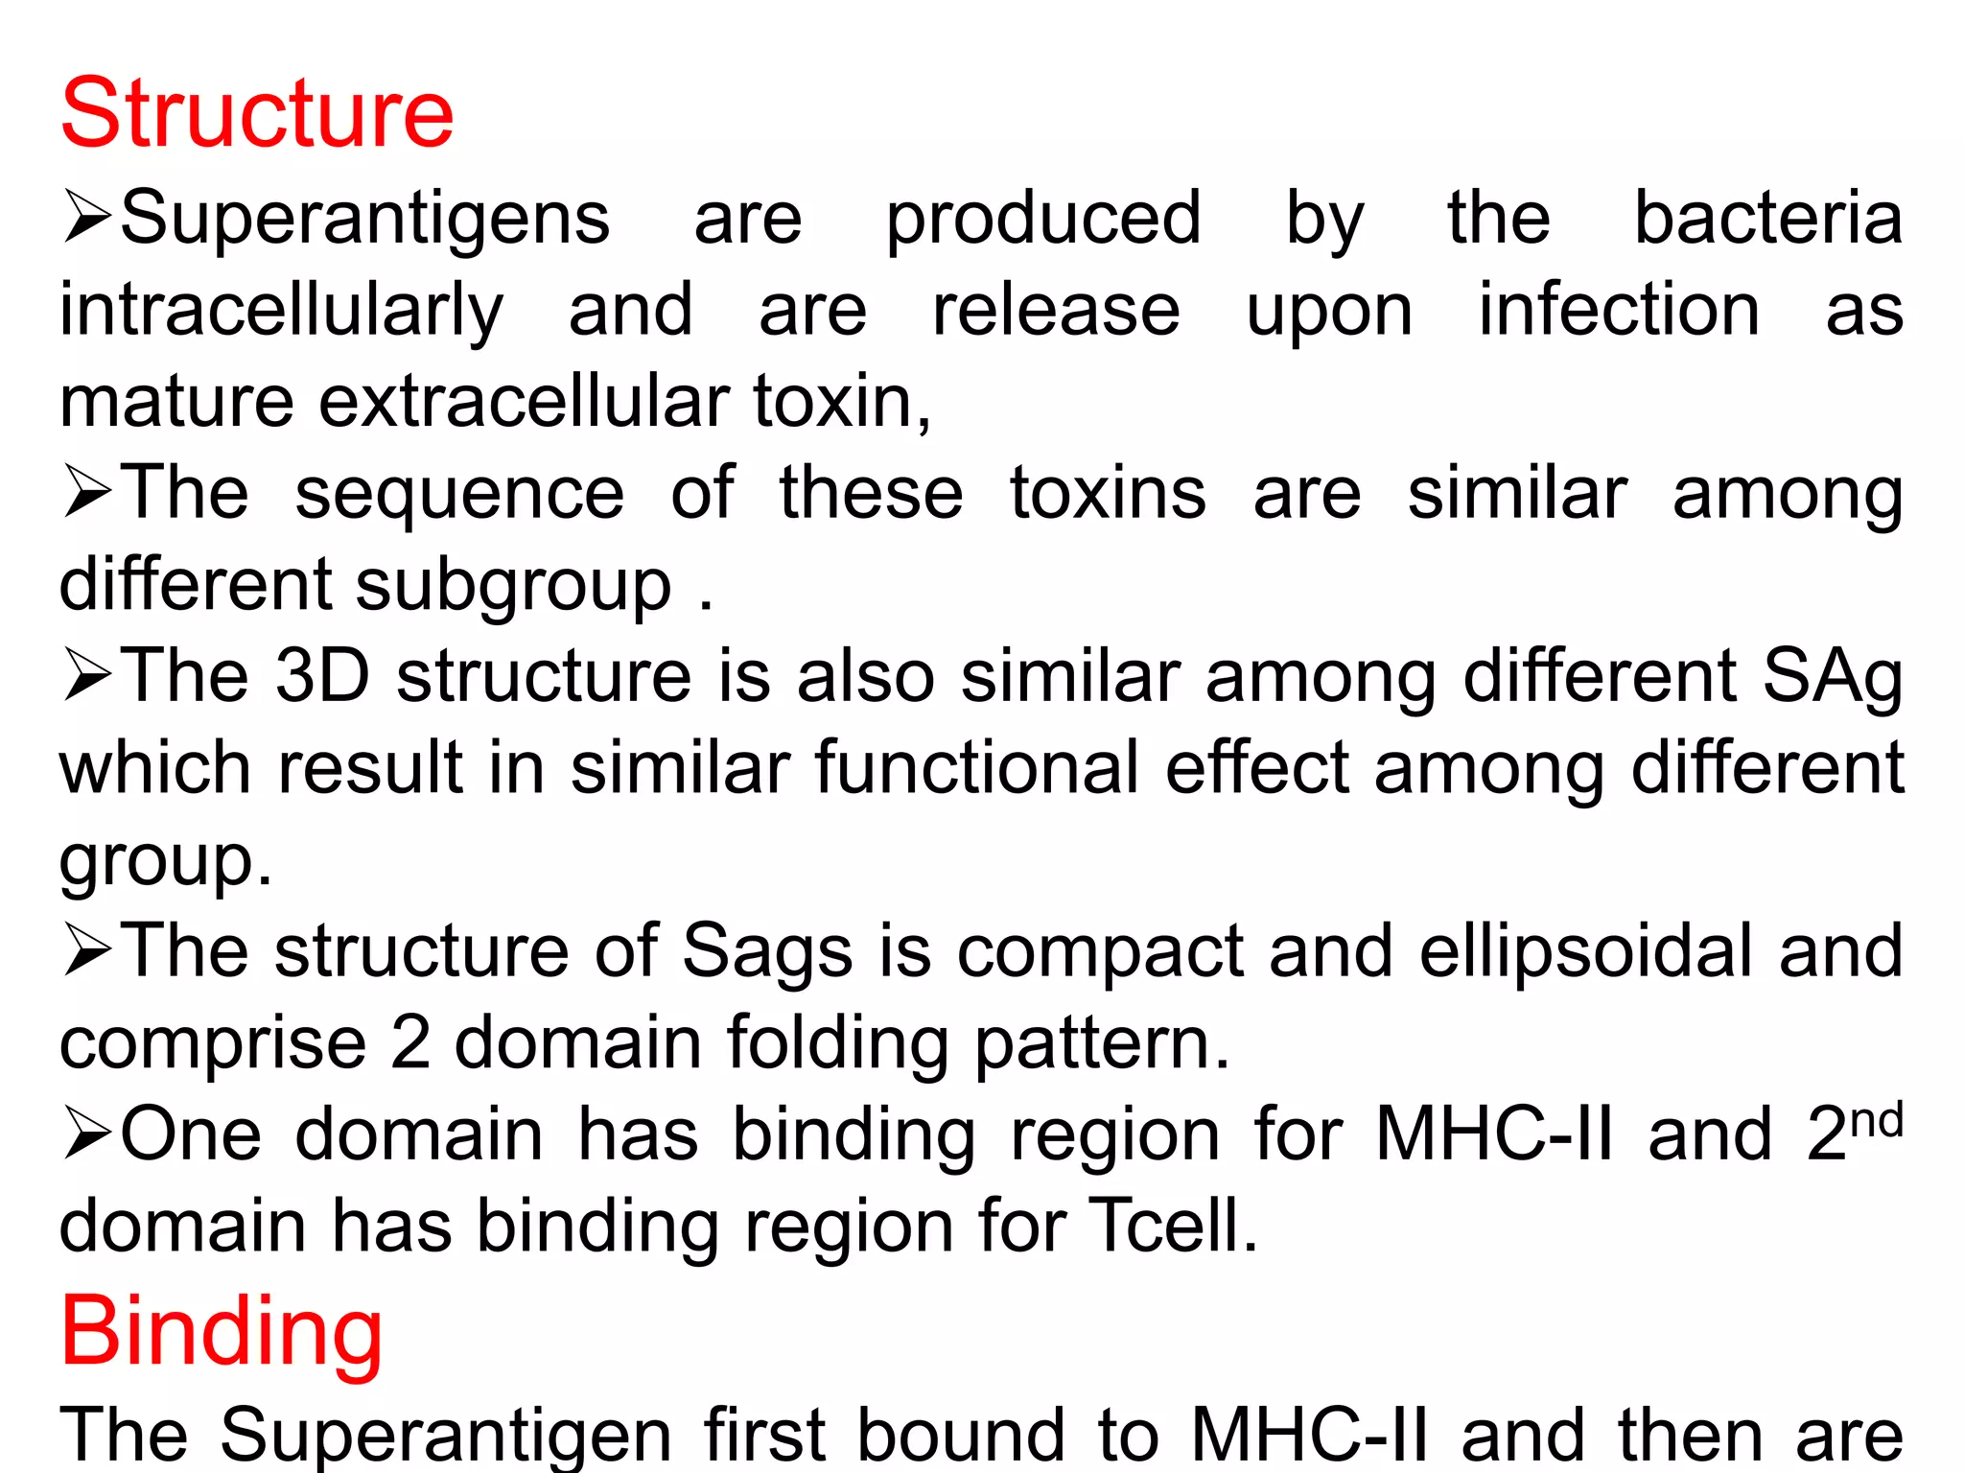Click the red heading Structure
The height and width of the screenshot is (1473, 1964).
pyautogui.click(x=257, y=114)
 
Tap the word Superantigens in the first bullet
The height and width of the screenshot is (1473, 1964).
pyautogui.click(x=364, y=219)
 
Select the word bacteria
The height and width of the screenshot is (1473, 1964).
pyautogui.click(x=1767, y=219)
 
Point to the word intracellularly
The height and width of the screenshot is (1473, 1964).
pyautogui.click(x=281, y=313)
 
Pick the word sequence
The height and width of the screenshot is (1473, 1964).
pyautogui.click(x=459, y=494)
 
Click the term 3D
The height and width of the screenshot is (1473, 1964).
pyautogui.click(x=322, y=676)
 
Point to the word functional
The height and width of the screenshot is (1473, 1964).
pyautogui.click(x=977, y=768)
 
